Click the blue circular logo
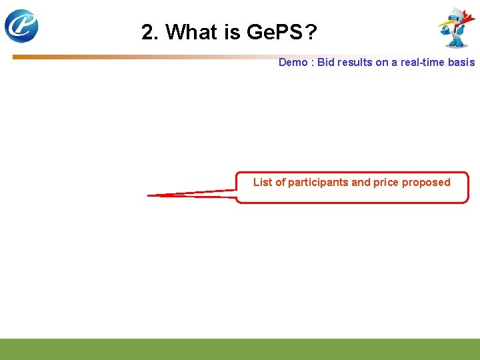[x=21, y=26]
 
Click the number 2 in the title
[x=149, y=32]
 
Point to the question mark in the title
[x=311, y=32]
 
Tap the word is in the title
[x=234, y=32]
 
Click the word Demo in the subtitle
[x=293, y=62]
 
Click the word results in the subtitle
[x=354, y=62]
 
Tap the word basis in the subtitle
[x=462, y=62]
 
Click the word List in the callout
[x=262, y=182]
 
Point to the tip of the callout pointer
[x=148, y=195]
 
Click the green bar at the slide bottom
[x=240, y=349]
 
